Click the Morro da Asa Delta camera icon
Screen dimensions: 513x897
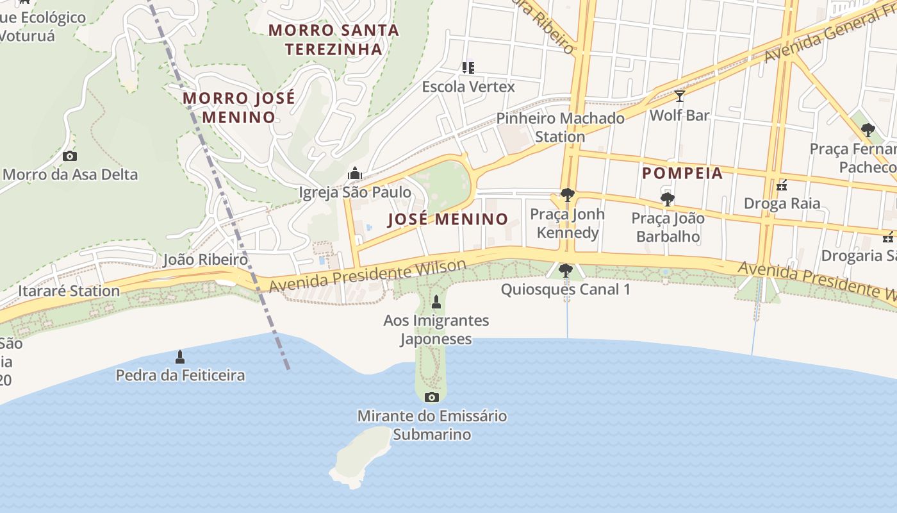pos(70,156)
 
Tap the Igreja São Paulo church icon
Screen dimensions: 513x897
pos(354,173)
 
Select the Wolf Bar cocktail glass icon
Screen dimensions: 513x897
pos(679,96)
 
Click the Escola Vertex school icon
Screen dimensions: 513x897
pos(468,67)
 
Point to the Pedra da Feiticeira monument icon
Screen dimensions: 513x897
pos(180,357)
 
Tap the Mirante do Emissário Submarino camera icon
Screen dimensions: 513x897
pos(432,397)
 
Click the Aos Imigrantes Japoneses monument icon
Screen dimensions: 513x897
pos(436,301)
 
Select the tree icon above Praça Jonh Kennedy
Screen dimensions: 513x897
pos(567,195)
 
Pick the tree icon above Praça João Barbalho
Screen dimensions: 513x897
pos(668,199)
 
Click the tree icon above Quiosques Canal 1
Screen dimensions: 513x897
pos(565,271)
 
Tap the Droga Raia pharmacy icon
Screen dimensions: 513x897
pos(782,185)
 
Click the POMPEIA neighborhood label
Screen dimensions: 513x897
pos(682,172)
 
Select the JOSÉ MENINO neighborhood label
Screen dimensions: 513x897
pos(448,219)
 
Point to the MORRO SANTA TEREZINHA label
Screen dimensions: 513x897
pos(333,39)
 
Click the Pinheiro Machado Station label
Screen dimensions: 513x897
pos(561,127)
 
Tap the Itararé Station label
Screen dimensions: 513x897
pos(69,291)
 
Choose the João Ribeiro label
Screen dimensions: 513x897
pos(205,260)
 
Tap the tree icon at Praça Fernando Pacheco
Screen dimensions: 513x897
pos(868,130)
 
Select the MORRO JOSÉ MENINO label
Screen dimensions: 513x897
pos(239,108)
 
